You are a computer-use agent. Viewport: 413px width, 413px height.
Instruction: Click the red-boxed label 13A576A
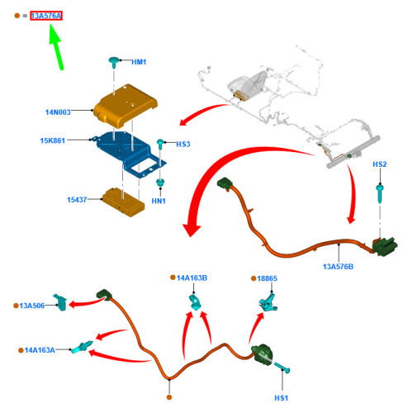tap(46, 16)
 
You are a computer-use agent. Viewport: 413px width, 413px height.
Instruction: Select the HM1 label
tap(139, 62)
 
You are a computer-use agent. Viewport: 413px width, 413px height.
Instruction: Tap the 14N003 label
tap(58, 112)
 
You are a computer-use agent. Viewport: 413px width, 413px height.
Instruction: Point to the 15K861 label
tap(53, 140)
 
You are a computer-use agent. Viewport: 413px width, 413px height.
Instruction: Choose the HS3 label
tap(183, 145)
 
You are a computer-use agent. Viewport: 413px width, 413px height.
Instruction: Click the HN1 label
tap(159, 201)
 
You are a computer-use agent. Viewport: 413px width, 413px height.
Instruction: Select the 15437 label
tap(77, 200)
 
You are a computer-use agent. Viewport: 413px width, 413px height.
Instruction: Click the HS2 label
tap(380, 164)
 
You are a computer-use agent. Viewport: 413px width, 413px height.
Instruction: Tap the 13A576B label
tap(338, 267)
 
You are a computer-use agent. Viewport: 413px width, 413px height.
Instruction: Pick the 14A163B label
tap(192, 278)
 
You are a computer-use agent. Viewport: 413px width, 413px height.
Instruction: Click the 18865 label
tap(267, 278)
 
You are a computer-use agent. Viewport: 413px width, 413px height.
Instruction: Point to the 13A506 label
tap(32, 306)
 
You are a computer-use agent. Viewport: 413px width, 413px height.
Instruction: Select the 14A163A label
tap(40, 350)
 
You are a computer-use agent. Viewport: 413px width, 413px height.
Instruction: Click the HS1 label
tap(281, 398)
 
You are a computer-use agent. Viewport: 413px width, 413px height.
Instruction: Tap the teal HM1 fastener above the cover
tap(114, 63)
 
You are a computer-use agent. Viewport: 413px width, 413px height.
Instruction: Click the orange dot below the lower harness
tap(169, 397)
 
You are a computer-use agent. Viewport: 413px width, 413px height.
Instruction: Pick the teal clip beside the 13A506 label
tap(60, 302)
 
